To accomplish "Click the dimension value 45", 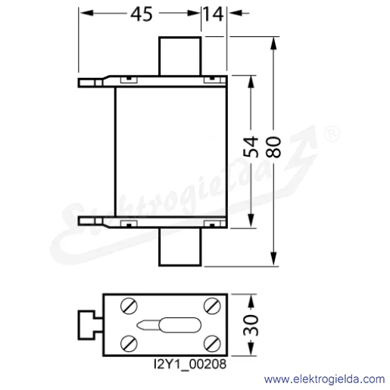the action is pos(142,14).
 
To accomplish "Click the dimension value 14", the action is pos(214,14).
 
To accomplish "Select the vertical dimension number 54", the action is pos(251,147).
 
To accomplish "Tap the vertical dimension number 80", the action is pos(273,147).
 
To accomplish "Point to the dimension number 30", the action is pos(251,325).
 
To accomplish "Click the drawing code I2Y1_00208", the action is pos(190,364).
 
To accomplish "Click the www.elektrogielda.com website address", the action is pos(324,379).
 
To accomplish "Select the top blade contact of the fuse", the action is pos(180,56).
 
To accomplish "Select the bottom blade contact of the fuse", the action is pos(180,247).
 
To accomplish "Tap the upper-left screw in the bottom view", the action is pos(129,306).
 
